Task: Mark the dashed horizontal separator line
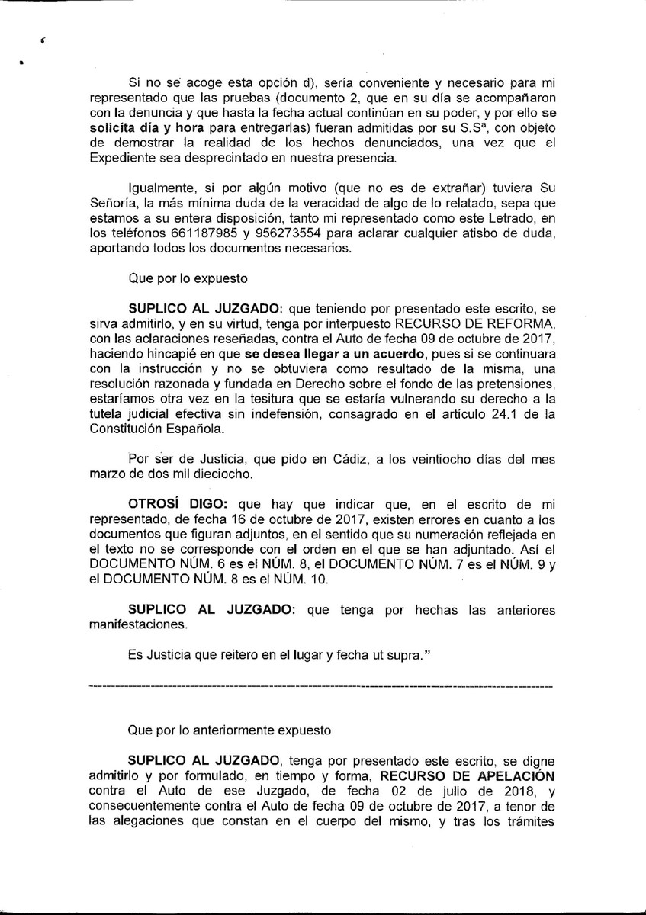321,687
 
